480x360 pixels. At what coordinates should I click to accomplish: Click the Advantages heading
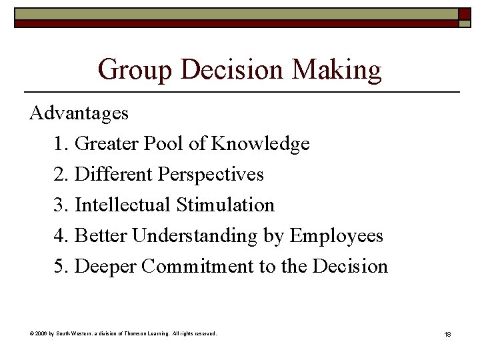[79, 113]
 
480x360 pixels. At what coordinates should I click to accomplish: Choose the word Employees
[337, 235]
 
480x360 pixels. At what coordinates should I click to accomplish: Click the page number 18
[447, 333]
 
